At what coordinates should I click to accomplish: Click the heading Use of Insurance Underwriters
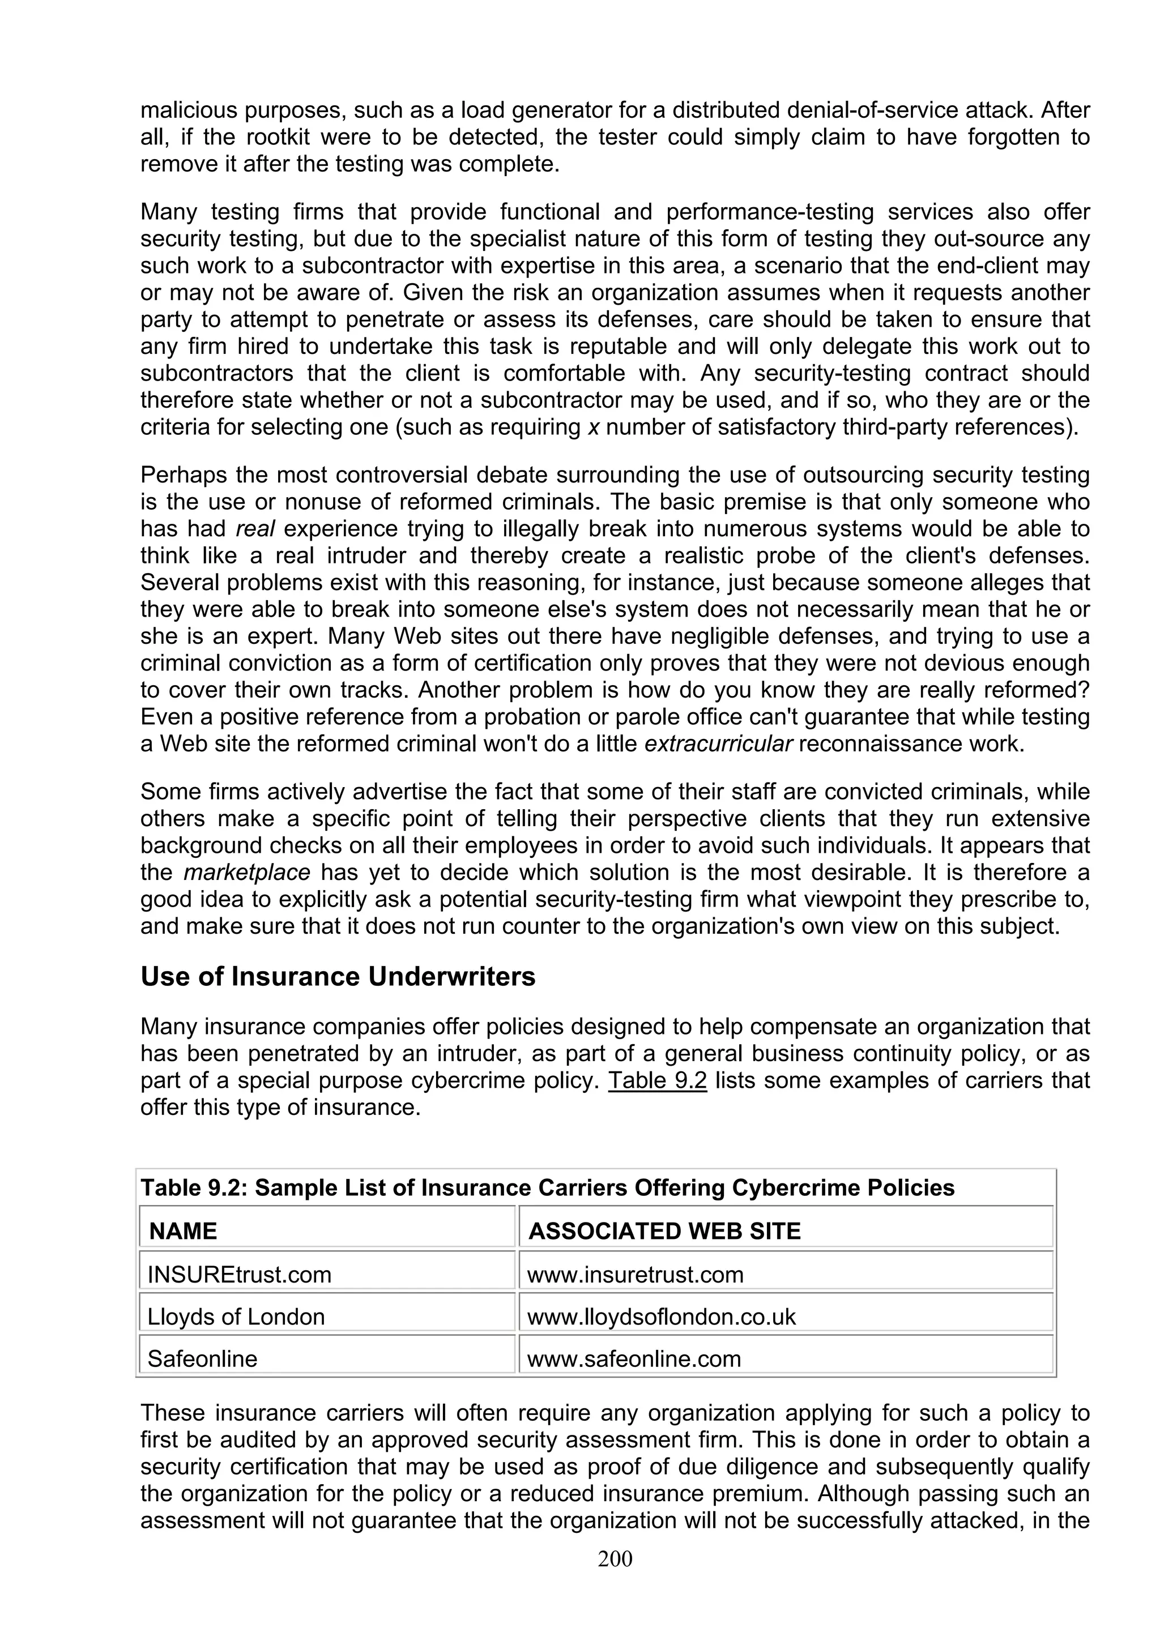(338, 976)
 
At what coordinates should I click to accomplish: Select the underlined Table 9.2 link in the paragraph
(657, 1080)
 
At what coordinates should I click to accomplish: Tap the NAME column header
(183, 1231)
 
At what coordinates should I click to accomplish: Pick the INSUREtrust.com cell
(240, 1274)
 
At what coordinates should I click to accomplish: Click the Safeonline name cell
(202, 1358)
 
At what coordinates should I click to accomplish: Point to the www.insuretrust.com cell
(636, 1274)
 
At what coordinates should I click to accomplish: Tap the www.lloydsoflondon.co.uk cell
(661, 1317)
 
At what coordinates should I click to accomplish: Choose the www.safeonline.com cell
(634, 1358)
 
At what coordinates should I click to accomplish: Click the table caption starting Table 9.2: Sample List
(548, 1188)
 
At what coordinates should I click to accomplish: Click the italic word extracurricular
(718, 744)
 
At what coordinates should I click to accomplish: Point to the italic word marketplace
(246, 873)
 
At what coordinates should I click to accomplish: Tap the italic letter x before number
(592, 428)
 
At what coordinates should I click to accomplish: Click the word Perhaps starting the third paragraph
(184, 475)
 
